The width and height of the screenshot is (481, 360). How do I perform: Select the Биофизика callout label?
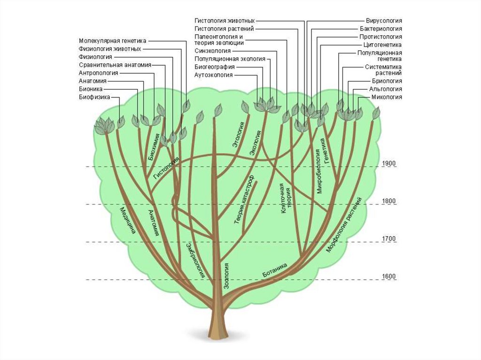94,97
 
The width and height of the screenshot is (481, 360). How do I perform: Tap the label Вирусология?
384,21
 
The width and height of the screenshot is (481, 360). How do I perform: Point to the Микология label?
387,97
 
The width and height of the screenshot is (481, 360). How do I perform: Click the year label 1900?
389,163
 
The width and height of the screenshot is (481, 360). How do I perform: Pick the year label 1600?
389,276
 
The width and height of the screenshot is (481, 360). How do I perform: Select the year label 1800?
389,201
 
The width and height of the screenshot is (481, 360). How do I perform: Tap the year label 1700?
389,239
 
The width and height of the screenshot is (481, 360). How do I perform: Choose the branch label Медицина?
128,220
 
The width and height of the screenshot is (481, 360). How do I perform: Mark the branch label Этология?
238,135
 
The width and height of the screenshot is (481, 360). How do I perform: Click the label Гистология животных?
225,21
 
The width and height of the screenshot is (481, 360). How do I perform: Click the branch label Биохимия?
155,147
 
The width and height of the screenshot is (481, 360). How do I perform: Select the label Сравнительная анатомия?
115,65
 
